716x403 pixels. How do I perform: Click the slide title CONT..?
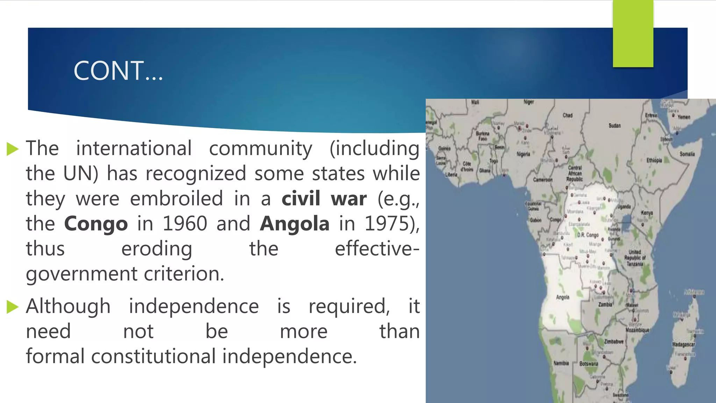pyautogui.click(x=118, y=71)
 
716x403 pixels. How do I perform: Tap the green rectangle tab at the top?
pyautogui.click(x=633, y=34)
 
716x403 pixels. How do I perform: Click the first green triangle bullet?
pyautogui.click(x=13, y=149)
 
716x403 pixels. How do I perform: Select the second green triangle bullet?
pyautogui.click(x=13, y=307)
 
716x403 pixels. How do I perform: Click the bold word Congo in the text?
pyautogui.click(x=96, y=224)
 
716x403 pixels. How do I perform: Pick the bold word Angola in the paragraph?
pyautogui.click(x=294, y=224)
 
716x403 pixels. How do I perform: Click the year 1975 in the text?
pyautogui.click(x=387, y=224)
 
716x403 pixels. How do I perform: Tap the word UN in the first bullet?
pyautogui.click(x=80, y=174)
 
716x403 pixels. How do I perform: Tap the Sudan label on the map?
pyautogui.click(x=615, y=126)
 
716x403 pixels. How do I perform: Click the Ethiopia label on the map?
pyautogui.click(x=654, y=160)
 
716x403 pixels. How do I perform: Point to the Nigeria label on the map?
pyautogui.click(x=523, y=154)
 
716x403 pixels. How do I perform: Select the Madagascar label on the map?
pyautogui.click(x=683, y=345)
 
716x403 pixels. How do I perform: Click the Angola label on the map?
pyautogui.click(x=563, y=297)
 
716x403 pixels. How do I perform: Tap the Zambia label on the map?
pyautogui.click(x=605, y=305)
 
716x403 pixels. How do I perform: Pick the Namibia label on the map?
pyautogui.click(x=561, y=363)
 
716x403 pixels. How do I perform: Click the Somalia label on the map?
pyautogui.click(x=687, y=154)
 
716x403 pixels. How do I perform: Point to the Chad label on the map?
pyautogui.click(x=567, y=115)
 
